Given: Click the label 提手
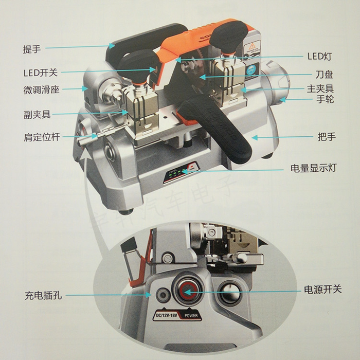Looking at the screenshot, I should [31, 49].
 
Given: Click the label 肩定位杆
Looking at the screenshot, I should [41, 137].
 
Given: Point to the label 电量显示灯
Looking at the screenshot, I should [313, 168].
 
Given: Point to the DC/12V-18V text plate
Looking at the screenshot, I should [165, 315].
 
